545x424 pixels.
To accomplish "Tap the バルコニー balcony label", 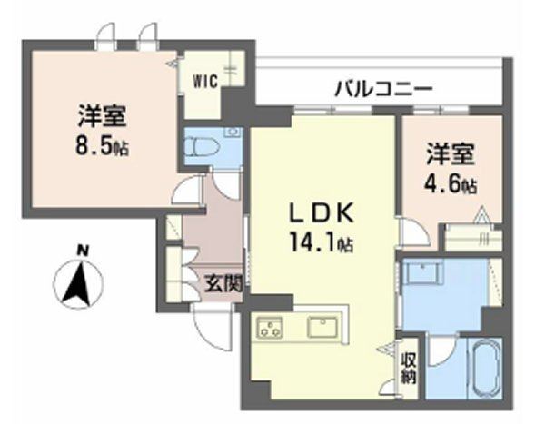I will coord(382,89).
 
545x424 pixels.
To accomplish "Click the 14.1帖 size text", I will coord(322,242).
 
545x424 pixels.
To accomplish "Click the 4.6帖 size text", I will coord(451,184).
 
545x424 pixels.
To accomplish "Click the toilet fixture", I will coord(201,146).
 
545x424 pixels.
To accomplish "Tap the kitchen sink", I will coord(322,326).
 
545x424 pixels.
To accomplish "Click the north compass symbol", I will coord(78,283).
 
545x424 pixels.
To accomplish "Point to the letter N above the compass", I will coord(82,248).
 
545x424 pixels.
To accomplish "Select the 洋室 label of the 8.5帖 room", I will coord(102,117).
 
